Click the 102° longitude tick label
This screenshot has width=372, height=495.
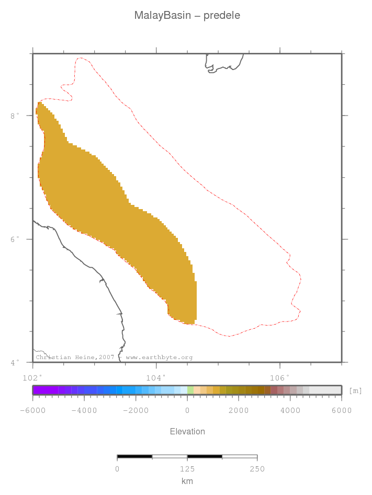point(32,377)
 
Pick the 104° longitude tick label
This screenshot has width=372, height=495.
point(156,377)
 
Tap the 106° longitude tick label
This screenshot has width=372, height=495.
point(279,377)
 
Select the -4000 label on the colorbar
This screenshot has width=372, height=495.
point(84,410)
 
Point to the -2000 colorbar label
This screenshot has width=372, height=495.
point(135,410)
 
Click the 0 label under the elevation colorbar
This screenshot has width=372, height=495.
point(187,410)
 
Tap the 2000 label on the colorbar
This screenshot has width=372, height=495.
point(239,410)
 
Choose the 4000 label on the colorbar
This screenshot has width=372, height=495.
point(290,410)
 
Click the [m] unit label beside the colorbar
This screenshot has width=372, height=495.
point(355,390)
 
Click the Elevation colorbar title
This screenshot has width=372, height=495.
point(187,431)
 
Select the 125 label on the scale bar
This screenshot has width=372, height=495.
point(187,469)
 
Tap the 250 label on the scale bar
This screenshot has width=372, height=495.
point(257,469)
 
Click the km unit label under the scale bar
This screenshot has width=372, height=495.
point(187,481)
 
